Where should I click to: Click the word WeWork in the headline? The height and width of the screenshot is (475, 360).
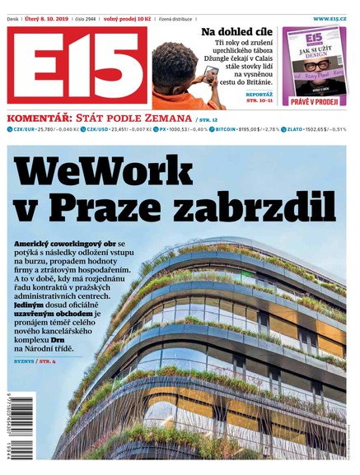coord(116,171)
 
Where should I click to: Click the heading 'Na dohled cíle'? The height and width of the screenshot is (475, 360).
coord(239,32)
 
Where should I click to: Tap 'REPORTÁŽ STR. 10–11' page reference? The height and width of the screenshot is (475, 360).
coord(259,99)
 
